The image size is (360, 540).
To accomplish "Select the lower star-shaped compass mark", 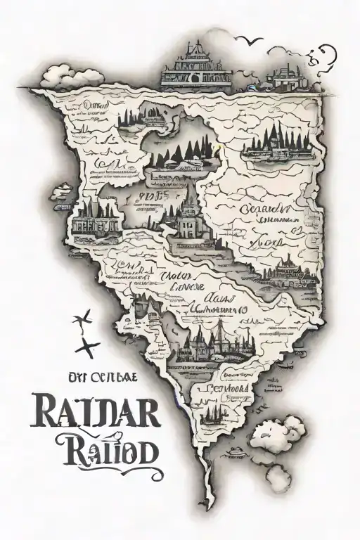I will [89, 345].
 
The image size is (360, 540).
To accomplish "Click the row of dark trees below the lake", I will [187, 150].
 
